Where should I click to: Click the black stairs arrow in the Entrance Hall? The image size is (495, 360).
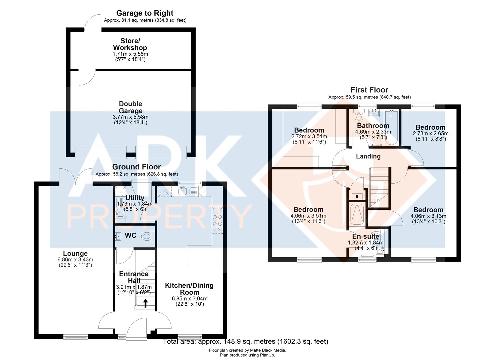(x=145, y=303)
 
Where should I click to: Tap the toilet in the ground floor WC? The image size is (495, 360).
(x=148, y=236)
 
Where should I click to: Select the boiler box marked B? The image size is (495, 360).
(x=357, y=196)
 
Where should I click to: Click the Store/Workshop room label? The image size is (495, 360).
(x=130, y=44)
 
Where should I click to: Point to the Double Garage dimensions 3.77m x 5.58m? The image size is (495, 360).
(x=130, y=117)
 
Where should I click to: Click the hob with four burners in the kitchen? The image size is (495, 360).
(x=217, y=221)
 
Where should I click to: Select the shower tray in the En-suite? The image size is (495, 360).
(x=357, y=214)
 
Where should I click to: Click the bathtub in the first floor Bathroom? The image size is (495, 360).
(x=391, y=128)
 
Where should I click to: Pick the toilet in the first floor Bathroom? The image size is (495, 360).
(x=359, y=116)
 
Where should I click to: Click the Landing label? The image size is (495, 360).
(x=368, y=156)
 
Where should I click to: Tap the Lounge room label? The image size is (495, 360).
(x=75, y=253)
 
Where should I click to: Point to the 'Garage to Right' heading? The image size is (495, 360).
(x=145, y=13)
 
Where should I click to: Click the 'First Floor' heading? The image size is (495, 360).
(x=369, y=90)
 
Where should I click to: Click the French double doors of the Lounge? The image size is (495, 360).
(x=76, y=177)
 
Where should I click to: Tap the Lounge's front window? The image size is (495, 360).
(x=76, y=337)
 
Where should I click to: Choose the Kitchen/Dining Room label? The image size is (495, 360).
(x=189, y=289)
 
